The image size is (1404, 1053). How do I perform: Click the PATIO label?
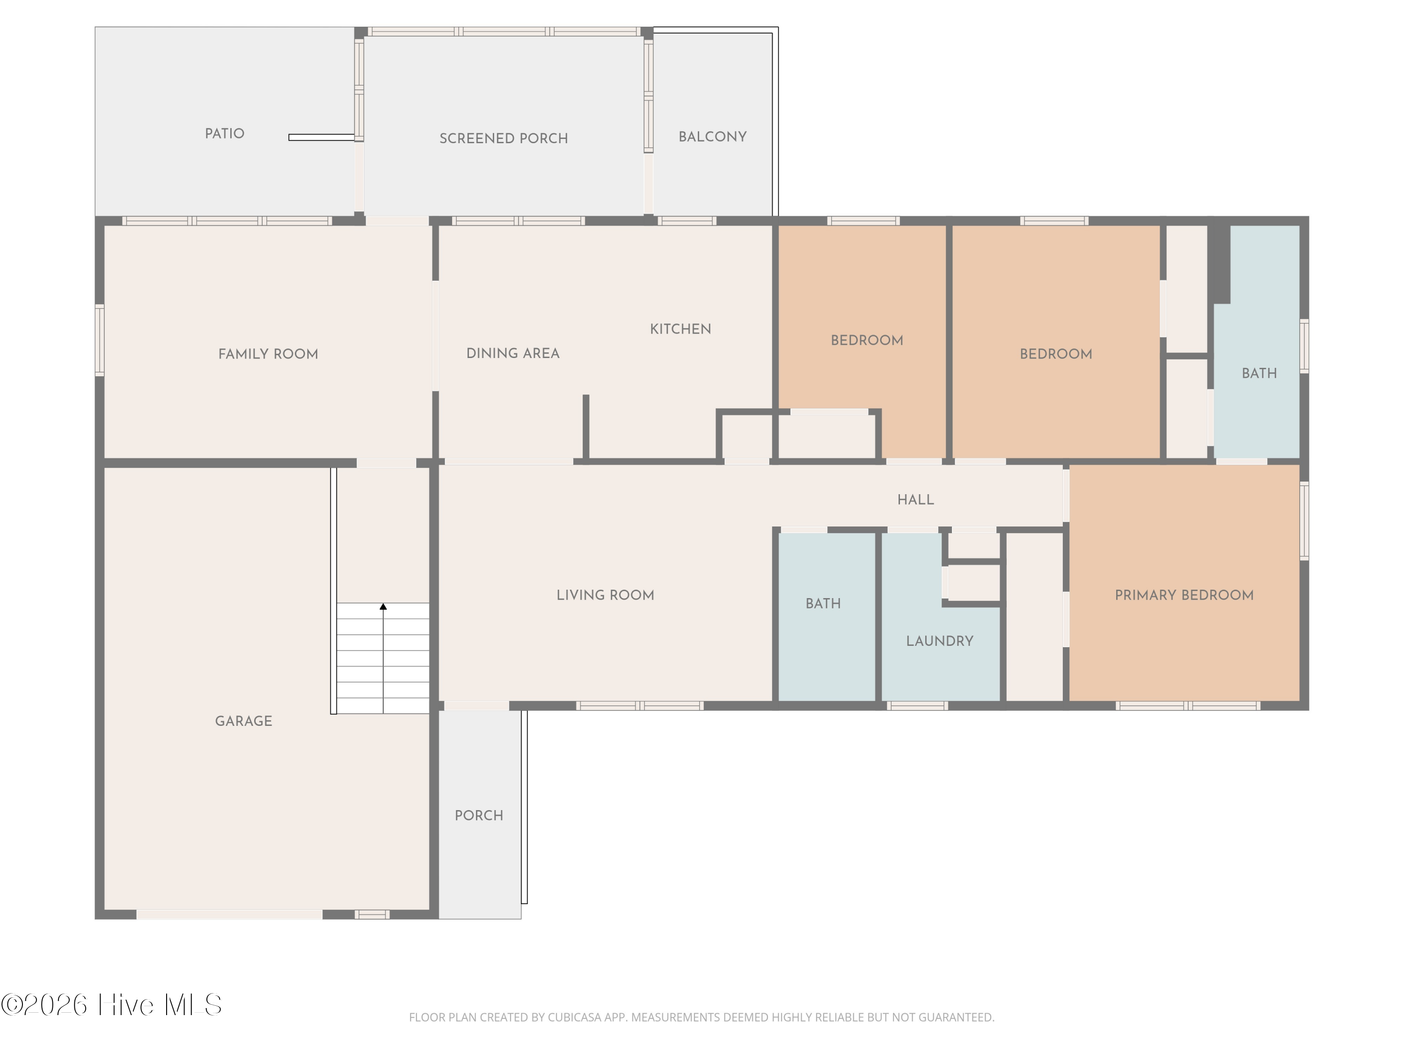click(224, 134)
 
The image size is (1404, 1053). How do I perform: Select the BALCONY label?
click(712, 137)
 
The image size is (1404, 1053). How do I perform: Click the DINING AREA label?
click(513, 353)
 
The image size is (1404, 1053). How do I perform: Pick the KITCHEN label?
click(680, 329)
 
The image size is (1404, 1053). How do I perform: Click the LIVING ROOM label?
click(605, 595)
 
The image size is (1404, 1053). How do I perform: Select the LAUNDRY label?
click(939, 641)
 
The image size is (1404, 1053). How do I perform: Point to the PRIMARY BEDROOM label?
click(1185, 595)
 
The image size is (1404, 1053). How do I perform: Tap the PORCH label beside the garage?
click(479, 816)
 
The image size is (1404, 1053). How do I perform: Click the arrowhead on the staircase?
click(383, 607)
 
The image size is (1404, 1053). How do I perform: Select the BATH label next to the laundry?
click(823, 604)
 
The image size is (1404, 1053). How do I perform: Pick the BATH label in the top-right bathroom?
click(1259, 373)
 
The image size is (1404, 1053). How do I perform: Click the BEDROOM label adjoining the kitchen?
click(867, 340)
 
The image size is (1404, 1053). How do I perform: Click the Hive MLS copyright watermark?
click(112, 1005)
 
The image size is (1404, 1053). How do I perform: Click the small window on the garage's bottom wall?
click(372, 914)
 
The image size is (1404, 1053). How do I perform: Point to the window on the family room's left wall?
click(100, 340)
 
